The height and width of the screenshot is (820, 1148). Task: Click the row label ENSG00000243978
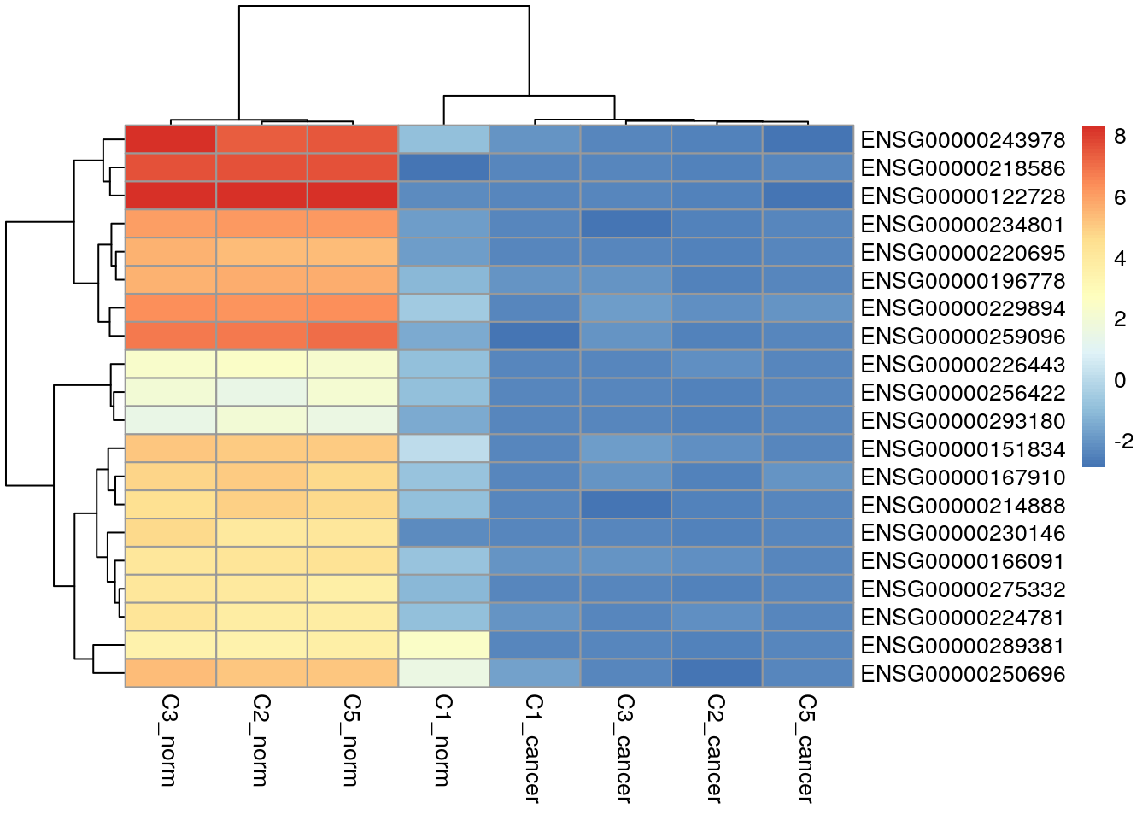tap(963, 140)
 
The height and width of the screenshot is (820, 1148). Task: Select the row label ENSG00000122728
tap(963, 196)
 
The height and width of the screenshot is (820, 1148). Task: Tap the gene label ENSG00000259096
tap(963, 337)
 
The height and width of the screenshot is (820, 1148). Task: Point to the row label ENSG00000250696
tap(963, 674)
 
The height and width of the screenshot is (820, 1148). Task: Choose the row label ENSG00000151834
tap(963, 449)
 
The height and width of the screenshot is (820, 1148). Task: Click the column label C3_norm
tap(170, 740)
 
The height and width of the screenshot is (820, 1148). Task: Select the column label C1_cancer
tap(534, 748)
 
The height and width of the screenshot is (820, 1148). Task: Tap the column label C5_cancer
tap(807, 748)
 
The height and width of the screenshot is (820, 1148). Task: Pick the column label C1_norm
tap(442, 740)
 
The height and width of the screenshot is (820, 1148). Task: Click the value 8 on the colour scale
tap(1120, 137)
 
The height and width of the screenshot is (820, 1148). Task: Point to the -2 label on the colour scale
tap(1123, 442)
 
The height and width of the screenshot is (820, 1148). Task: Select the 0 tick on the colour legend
tap(1120, 380)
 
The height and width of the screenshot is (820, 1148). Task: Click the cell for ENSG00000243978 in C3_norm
tap(171, 140)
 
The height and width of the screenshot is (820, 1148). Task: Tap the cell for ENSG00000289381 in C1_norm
tap(444, 645)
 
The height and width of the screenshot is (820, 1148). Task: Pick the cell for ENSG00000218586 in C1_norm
tap(444, 167)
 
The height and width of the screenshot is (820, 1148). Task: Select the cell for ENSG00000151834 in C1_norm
tap(444, 448)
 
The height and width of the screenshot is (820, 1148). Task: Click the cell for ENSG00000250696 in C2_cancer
tap(717, 673)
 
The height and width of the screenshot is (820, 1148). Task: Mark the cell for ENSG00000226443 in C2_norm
tap(261, 365)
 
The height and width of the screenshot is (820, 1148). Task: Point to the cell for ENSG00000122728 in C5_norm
tap(353, 196)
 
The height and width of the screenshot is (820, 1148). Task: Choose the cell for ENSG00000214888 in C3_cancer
tap(626, 505)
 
